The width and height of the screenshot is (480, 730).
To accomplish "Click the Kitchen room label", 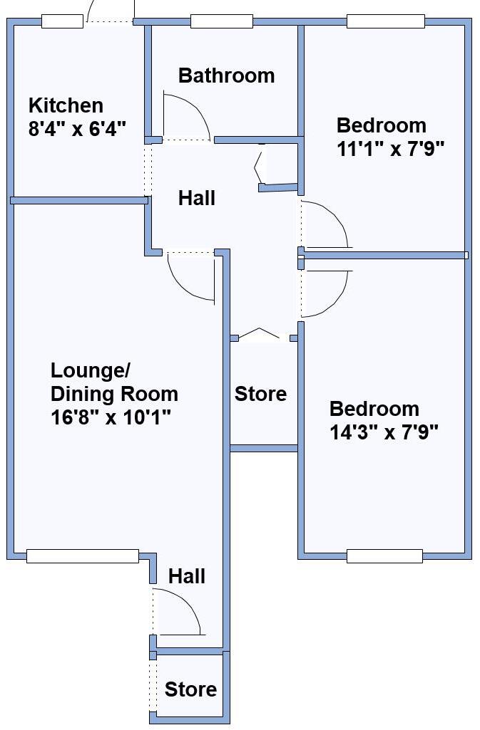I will point(66,106).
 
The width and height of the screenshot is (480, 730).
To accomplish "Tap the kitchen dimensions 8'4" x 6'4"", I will point(77,129).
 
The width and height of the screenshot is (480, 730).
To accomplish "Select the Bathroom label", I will point(226,75).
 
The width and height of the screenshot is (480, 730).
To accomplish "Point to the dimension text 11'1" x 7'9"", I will point(391,149).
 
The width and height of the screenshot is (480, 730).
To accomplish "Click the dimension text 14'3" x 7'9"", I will point(384,432).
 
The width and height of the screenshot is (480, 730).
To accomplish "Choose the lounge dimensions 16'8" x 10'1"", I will point(112,417).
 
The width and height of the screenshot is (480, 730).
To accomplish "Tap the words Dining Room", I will point(114,394).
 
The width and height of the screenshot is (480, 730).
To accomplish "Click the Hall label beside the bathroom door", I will point(196,198).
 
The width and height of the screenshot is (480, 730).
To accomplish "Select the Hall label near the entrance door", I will point(187,576).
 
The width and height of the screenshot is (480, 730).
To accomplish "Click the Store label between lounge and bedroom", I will point(261,394).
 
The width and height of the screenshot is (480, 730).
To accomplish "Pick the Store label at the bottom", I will point(190,689).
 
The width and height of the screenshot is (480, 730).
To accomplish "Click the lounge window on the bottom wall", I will point(82,556).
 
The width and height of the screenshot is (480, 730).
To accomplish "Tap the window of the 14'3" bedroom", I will point(384,556).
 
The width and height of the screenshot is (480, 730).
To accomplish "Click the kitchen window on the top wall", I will point(62,21).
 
